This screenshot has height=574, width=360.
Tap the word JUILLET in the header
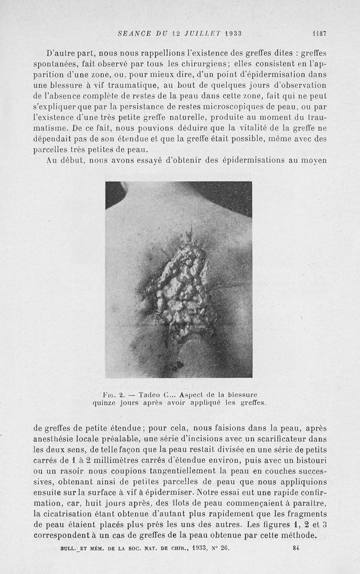196,33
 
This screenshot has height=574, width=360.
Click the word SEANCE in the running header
133,33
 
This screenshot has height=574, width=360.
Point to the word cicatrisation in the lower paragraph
69,514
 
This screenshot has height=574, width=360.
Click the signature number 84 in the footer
296,548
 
